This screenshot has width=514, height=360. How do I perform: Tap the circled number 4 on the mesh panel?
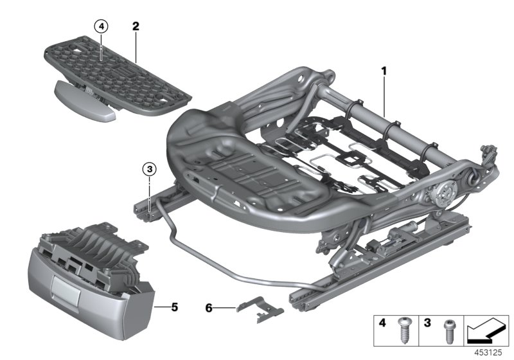pyautogui.click(x=102, y=26)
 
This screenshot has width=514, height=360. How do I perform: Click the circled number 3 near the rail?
pyautogui.click(x=148, y=170)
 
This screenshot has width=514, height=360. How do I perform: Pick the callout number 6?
pyautogui.click(x=209, y=308)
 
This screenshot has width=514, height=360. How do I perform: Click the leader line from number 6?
pyautogui.click(x=224, y=308)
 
